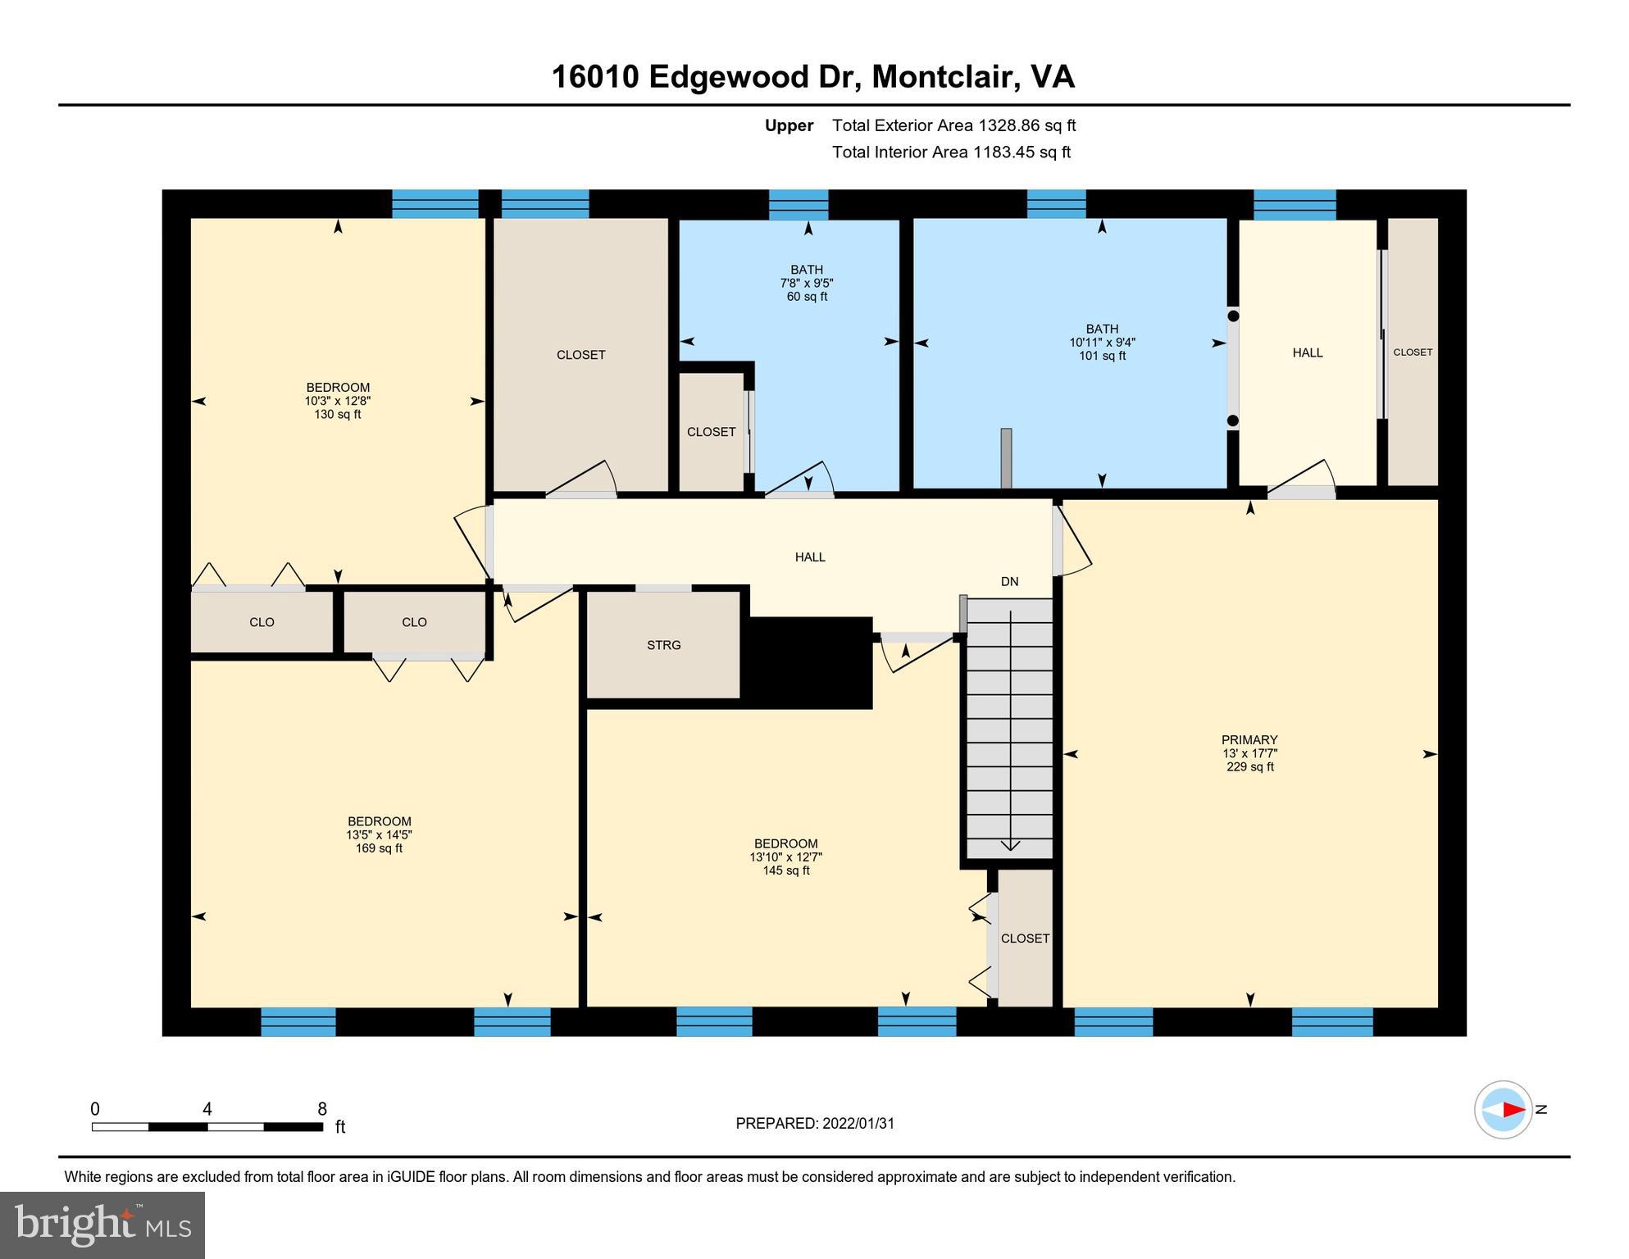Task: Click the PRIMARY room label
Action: tap(1249, 739)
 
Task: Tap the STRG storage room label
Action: tap(663, 645)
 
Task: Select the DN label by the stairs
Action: tap(1009, 581)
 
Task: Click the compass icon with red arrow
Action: tap(1504, 1110)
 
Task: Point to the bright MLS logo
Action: tap(102, 1225)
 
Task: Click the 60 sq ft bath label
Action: tap(807, 297)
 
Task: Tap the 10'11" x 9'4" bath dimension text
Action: tap(1102, 343)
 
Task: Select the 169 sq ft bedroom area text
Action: tap(379, 848)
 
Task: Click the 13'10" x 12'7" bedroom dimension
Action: tap(785, 857)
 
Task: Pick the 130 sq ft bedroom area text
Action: tap(337, 415)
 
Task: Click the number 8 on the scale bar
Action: tap(322, 1109)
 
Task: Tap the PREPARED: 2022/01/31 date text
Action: tap(815, 1124)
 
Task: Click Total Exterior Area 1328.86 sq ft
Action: tap(953, 125)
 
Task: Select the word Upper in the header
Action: tap(789, 125)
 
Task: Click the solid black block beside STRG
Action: tap(808, 662)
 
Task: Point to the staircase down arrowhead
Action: tap(1010, 845)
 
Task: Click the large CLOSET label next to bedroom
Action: tap(580, 355)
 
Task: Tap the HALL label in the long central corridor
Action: tap(810, 557)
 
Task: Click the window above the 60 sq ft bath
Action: tap(799, 204)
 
